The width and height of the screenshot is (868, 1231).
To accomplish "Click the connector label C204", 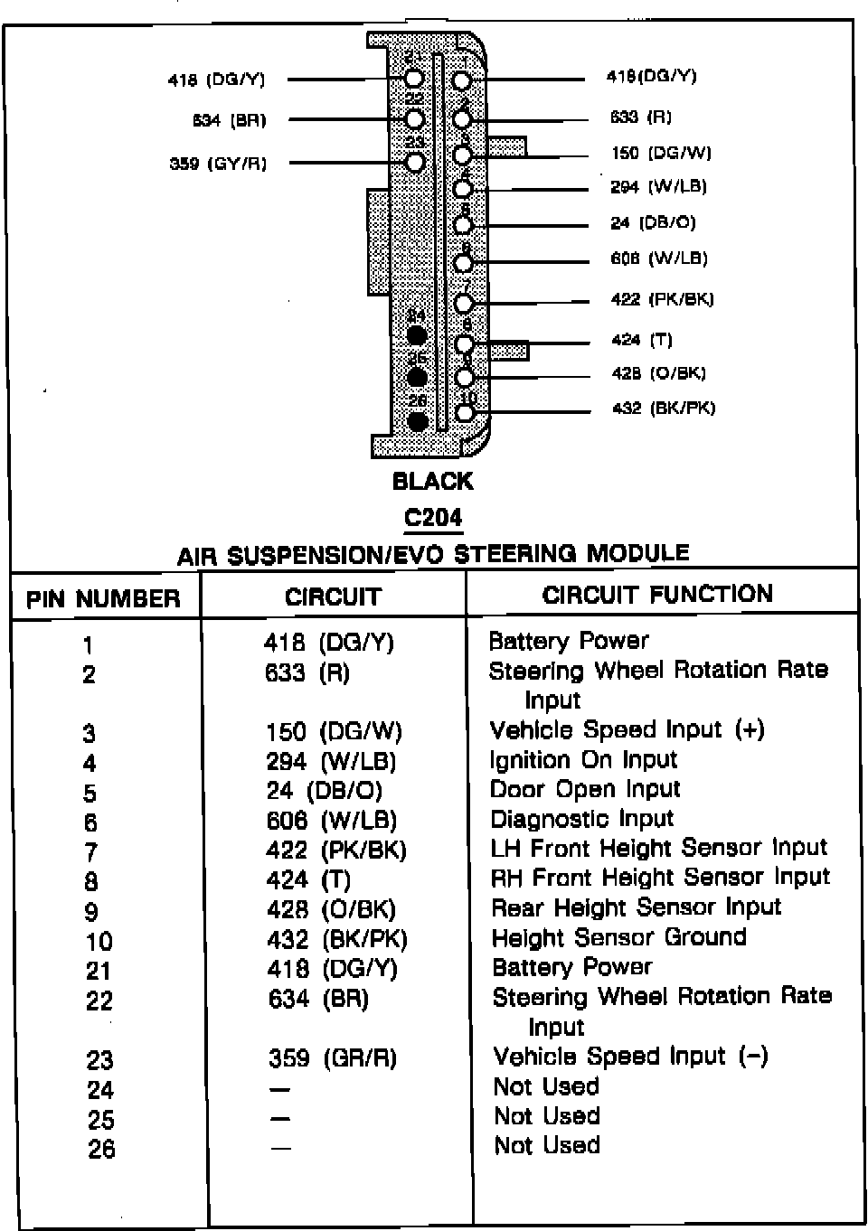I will (x=433, y=518).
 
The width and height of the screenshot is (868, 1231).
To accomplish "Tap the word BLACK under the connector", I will (x=432, y=482).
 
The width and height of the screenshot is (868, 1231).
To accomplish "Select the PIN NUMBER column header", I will (x=103, y=598).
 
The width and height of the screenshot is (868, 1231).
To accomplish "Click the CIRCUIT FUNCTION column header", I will (x=657, y=594).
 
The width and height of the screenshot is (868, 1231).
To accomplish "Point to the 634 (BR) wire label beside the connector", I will (x=230, y=120).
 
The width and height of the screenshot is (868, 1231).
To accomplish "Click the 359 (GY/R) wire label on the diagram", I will (x=219, y=164).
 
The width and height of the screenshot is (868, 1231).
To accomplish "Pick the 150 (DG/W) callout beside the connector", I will (x=661, y=153).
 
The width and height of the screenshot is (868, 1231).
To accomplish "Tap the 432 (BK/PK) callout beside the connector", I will (x=664, y=408).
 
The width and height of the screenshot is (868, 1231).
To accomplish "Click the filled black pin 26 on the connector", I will (x=418, y=421).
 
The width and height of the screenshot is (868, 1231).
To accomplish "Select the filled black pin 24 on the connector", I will (x=417, y=335).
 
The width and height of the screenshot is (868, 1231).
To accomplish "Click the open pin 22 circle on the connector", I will (x=415, y=119).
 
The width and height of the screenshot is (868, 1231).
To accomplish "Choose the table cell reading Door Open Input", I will (x=584, y=789).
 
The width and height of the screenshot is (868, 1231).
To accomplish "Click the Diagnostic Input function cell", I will (x=581, y=819).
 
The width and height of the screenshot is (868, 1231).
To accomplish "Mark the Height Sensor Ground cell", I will (x=618, y=937).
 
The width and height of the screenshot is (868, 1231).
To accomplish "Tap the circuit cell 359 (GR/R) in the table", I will (x=333, y=1057).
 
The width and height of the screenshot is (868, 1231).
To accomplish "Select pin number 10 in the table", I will (x=99, y=942).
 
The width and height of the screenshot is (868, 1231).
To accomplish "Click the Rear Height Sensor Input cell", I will (x=636, y=907).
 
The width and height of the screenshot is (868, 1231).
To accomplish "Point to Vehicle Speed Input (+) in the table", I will (x=627, y=729).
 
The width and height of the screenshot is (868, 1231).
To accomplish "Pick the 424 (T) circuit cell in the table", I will (x=308, y=879).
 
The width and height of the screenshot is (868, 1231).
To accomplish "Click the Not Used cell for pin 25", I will (x=546, y=1115).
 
